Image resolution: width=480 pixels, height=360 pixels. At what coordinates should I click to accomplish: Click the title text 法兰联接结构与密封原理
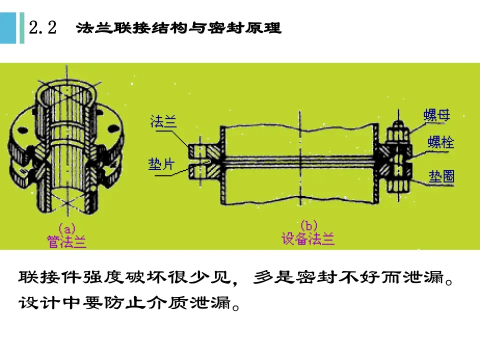[179, 28]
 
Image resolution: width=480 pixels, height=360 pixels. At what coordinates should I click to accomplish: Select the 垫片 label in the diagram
[161, 164]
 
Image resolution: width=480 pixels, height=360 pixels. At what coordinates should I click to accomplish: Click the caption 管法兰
[66, 242]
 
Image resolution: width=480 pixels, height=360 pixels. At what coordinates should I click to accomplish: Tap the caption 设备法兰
[308, 239]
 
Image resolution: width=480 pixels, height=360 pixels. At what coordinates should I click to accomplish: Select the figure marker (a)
[66, 228]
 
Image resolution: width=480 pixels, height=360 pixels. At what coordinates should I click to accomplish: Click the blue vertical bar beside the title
[21, 28]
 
